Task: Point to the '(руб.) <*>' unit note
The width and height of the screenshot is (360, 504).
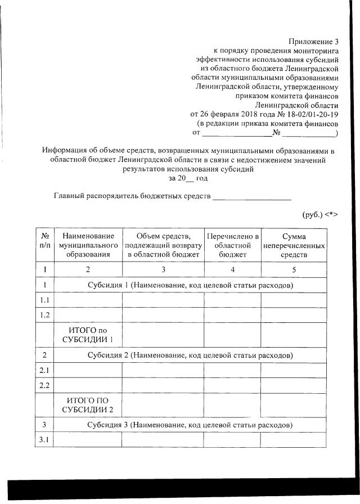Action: [x=319, y=215]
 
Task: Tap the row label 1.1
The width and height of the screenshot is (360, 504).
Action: [x=44, y=300]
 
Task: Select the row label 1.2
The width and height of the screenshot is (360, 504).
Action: [x=44, y=315]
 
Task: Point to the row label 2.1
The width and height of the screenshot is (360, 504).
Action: [x=44, y=370]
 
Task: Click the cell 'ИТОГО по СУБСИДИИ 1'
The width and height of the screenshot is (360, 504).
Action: [x=88, y=335]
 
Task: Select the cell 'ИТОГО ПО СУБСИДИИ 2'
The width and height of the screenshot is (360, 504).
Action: [x=88, y=404]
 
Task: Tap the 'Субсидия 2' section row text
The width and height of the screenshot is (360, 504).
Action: [x=190, y=355]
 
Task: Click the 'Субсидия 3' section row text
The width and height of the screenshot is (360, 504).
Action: [x=190, y=425]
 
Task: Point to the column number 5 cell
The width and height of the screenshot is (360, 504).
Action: [x=294, y=269]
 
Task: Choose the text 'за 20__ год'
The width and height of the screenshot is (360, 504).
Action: [x=188, y=178]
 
